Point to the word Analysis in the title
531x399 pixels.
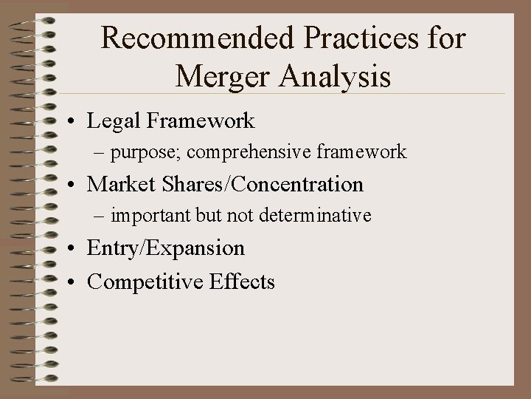[x=340, y=77]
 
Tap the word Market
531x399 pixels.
[x=118, y=184]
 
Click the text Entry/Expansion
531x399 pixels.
[x=165, y=248]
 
